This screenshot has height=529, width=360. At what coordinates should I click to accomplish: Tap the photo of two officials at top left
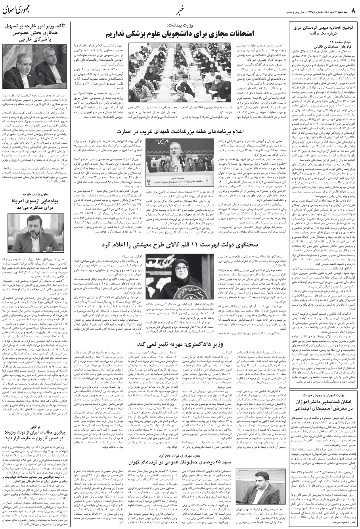point(35,69)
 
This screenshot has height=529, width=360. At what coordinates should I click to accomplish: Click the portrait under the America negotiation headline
point(35,233)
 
